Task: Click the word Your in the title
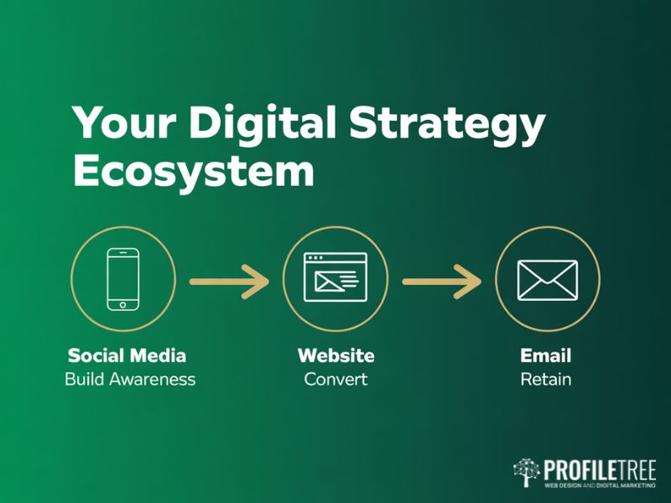point(126,124)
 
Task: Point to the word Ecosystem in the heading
point(194,172)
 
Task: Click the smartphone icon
point(123,277)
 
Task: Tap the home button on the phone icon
point(123,303)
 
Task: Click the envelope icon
point(548,280)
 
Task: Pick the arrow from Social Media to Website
point(229,281)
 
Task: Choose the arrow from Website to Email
point(441,281)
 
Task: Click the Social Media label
point(127,355)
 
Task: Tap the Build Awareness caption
point(130,379)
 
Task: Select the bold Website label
point(335,355)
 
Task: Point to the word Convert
point(335,379)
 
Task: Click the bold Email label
point(545,355)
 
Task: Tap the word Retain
point(545,379)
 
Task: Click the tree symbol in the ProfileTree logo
point(526,473)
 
